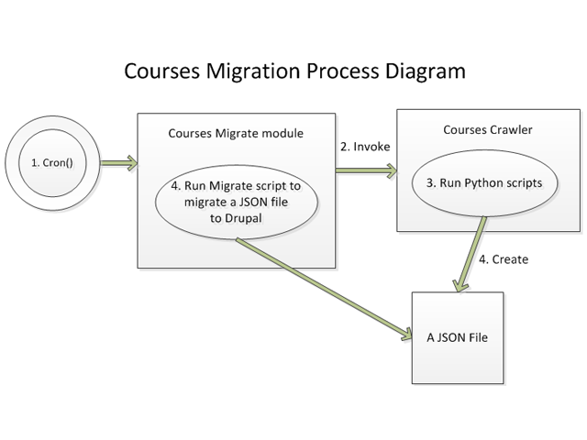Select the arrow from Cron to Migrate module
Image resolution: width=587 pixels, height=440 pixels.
coord(117,163)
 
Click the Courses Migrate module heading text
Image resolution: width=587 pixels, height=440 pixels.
coord(236,133)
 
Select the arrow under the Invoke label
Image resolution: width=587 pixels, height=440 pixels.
coord(365,169)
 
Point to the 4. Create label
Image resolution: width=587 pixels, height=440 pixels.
coord(504,259)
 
